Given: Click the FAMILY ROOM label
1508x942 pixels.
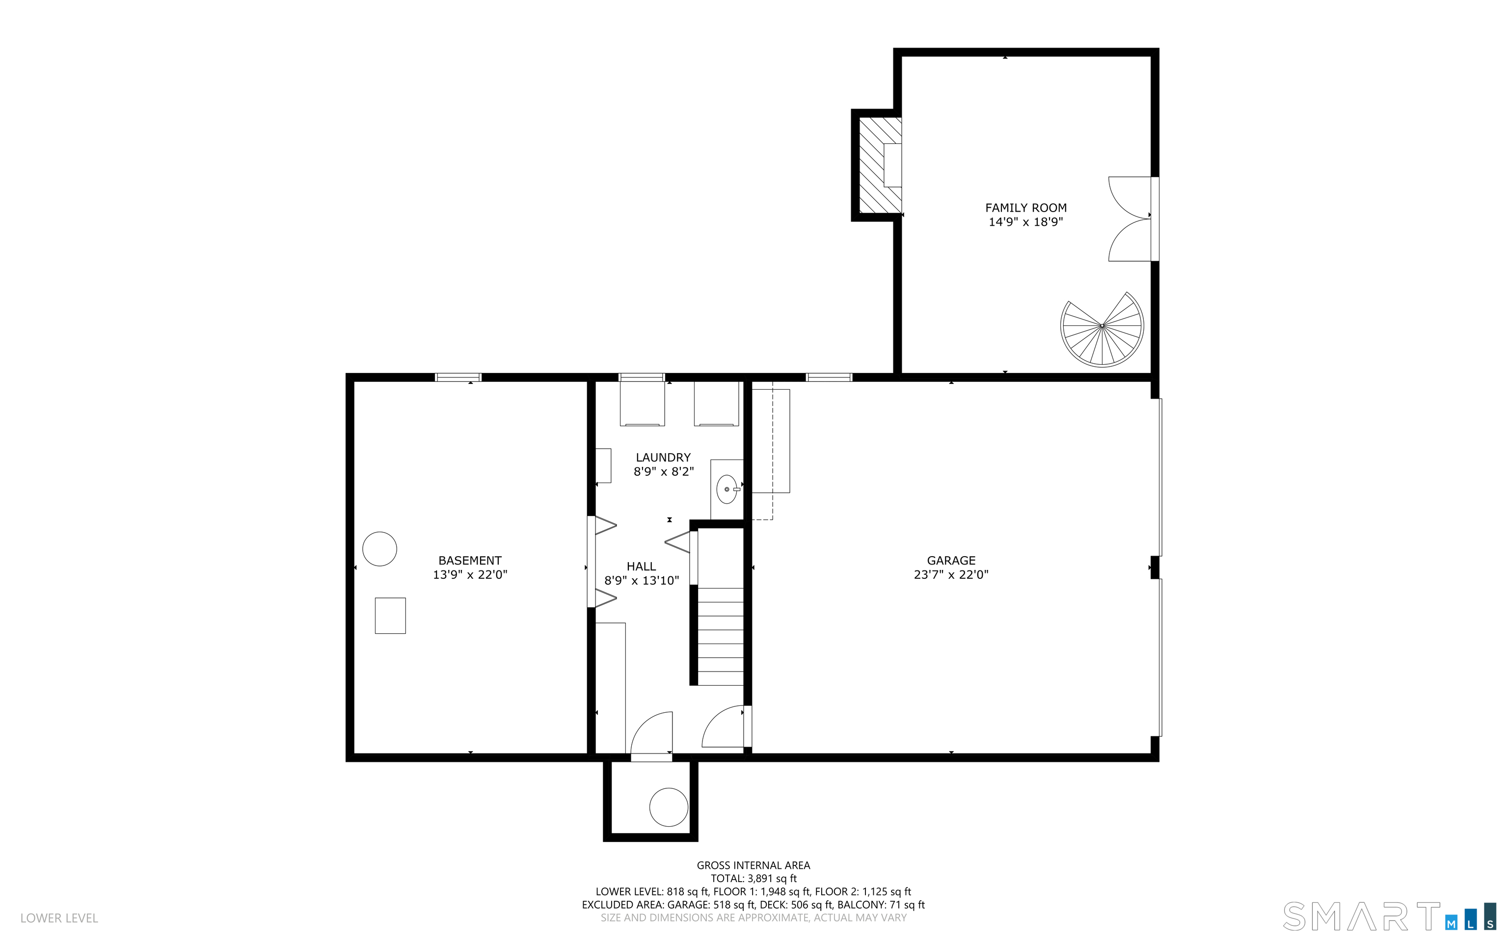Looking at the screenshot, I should pyautogui.click(x=1025, y=208).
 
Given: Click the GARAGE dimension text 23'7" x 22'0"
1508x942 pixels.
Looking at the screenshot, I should pyautogui.click(x=950, y=574).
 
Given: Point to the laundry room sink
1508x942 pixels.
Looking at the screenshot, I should pyautogui.click(x=727, y=489).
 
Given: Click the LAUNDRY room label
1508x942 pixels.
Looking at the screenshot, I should pyautogui.click(x=663, y=458).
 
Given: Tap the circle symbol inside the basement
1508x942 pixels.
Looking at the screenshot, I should pyautogui.click(x=379, y=549).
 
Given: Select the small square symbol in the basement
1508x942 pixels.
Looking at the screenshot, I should pyautogui.click(x=390, y=616).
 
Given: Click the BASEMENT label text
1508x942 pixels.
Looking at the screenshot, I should pyautogui.click(x=470, y=560).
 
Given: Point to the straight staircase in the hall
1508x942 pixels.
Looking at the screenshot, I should pyautogui.click(x=720, y=636).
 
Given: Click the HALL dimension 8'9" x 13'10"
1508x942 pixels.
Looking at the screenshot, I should pyautogui.click(x=641, y=581).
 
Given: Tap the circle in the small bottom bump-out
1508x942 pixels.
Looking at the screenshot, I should pyautogui.click(x=669, y=807).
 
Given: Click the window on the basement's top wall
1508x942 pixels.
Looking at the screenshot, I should pyautogui.click(x=458, y=377).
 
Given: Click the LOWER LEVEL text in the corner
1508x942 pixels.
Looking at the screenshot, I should pyautogui.click(x=59, y=918).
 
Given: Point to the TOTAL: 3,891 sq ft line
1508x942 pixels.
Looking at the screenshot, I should pyautogui.click(x=753, y=879).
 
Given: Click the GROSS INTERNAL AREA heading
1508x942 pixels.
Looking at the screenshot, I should pyautogui.click(x=753, y=865).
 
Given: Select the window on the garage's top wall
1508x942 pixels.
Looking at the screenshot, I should pyautogui.click(x=829, y=377).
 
